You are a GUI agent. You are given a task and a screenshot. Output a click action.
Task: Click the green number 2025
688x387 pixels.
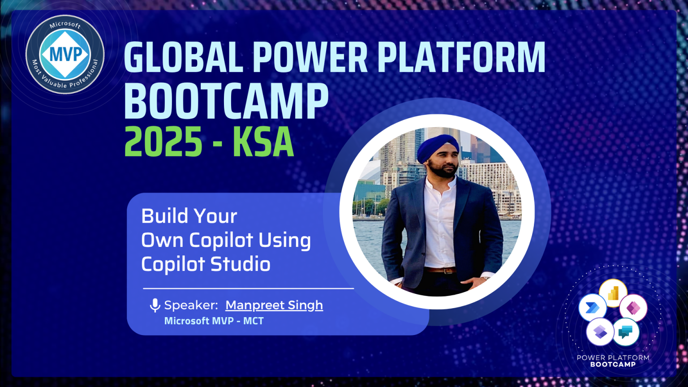[163, 142]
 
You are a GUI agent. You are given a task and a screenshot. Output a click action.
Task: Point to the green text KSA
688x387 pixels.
[263, 142]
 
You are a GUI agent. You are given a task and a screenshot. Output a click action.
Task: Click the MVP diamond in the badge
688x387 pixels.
[65, 54]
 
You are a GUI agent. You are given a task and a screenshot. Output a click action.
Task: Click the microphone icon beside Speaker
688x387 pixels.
[155, 305]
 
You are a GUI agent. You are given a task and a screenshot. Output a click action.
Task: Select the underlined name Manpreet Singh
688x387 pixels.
[274, 305]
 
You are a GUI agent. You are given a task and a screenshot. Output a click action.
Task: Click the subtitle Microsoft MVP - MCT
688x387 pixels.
[214, 321]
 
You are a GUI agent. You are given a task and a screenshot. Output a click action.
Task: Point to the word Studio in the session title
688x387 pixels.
[241, 264]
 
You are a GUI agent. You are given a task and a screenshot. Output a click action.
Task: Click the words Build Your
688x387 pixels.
[189, 216]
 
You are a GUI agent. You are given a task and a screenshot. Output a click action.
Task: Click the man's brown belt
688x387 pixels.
[440, 270]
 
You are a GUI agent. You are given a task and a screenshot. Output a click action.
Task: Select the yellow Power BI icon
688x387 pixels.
[613, 293]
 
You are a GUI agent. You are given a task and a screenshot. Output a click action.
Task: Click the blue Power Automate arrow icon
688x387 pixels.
[592, 308]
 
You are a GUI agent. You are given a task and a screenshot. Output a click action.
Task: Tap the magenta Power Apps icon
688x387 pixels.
[633, 308]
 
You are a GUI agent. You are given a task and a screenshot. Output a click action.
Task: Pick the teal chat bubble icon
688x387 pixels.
[625, 332]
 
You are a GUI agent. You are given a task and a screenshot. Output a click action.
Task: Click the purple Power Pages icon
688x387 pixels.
[600, 332]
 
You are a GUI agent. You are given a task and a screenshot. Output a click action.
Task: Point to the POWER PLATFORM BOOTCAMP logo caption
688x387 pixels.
[613, 361]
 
